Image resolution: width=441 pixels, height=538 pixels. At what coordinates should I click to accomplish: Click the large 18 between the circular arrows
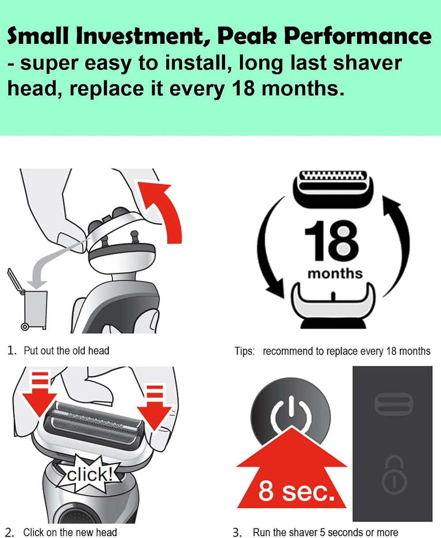point(332,241)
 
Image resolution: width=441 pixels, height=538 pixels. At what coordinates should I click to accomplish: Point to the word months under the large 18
point(335,274)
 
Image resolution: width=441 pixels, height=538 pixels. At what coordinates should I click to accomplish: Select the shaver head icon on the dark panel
point(393,405)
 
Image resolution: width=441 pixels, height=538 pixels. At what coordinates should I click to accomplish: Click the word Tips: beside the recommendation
point(245,351)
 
